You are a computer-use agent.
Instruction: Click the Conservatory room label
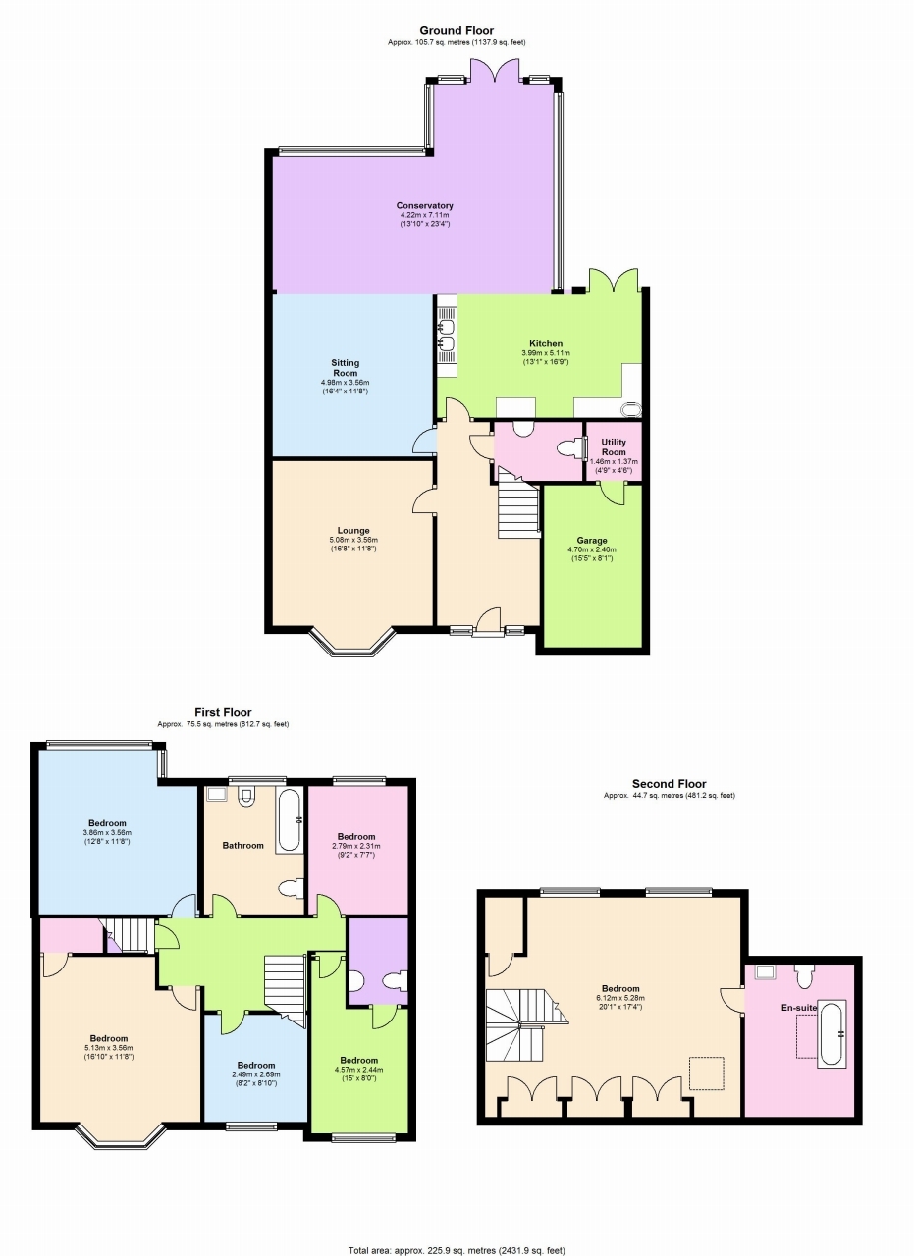click(424, 205)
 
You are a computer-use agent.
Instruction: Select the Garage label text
click(591, 541)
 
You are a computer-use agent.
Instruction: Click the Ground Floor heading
click(457, 31)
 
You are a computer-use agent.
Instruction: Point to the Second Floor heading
click(669, 784)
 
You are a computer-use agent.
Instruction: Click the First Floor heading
click(223, 713)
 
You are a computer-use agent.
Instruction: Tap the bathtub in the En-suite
click(831, 1033)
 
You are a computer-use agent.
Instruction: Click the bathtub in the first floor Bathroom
click(290, 820)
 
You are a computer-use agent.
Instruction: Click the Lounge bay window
click(353, 644)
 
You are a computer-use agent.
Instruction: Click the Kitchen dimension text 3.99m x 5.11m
click(546, 353)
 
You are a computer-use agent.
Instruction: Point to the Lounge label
click(353, 531)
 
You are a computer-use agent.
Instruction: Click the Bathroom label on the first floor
click(242, 845)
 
